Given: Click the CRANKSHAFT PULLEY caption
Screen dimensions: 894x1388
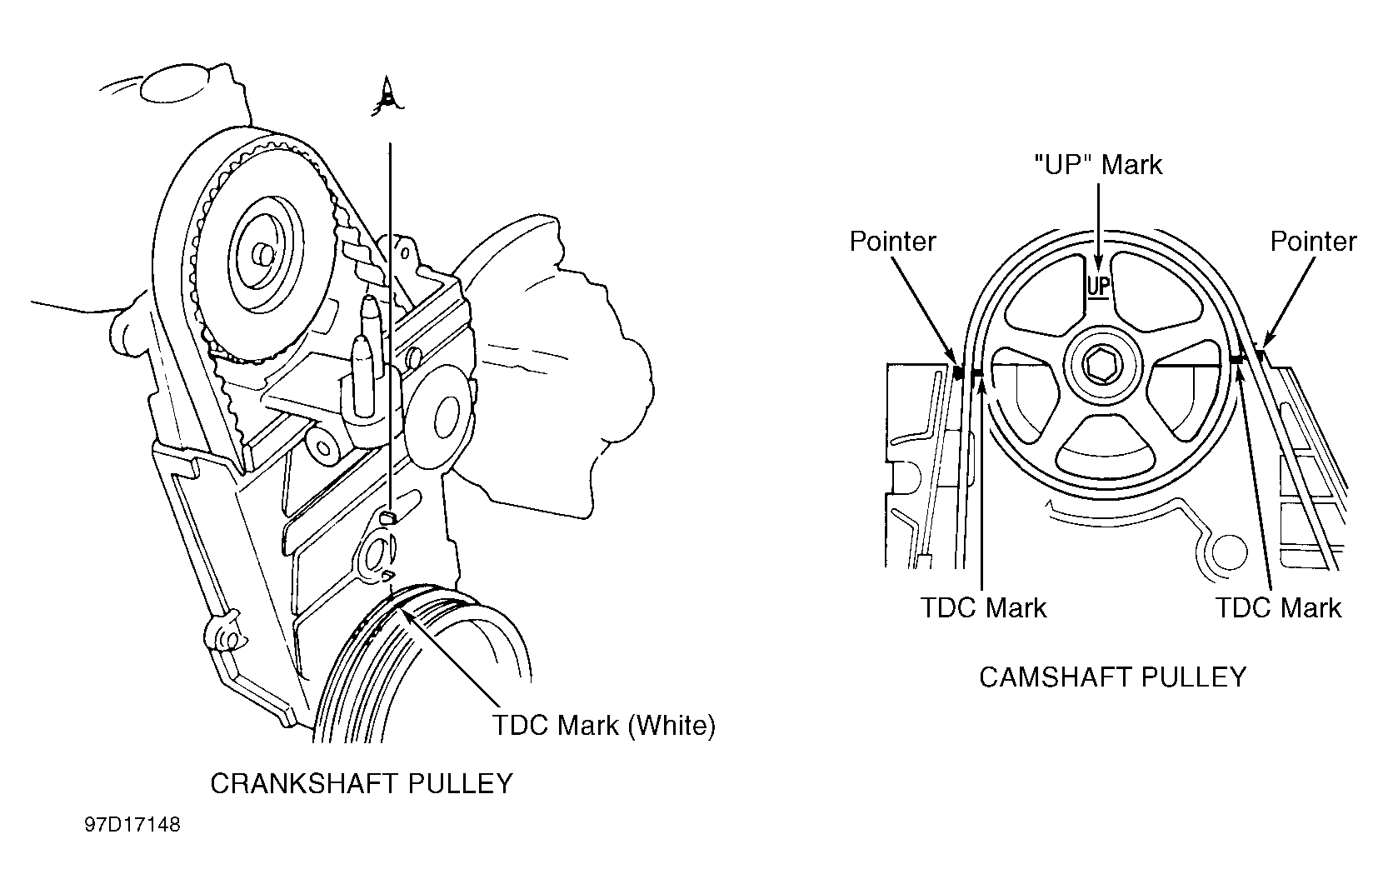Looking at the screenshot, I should (x=361, y=784).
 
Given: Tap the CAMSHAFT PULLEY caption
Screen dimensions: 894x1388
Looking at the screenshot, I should (x=1112, y=677).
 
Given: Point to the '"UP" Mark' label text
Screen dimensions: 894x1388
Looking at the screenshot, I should (x=1098, y=165).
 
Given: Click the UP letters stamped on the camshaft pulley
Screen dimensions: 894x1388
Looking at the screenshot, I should (x=1099, y=286).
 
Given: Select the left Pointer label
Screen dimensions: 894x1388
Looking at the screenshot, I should (x=892, y=242).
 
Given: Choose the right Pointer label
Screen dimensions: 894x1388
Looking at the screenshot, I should (x=1313, y=242).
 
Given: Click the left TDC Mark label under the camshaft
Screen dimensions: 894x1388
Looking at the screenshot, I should (x=983, y=607).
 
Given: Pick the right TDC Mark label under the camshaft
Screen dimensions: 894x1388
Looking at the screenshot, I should (x=1278, y=607).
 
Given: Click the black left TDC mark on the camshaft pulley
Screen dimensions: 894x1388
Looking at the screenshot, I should (x=977, y=372).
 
